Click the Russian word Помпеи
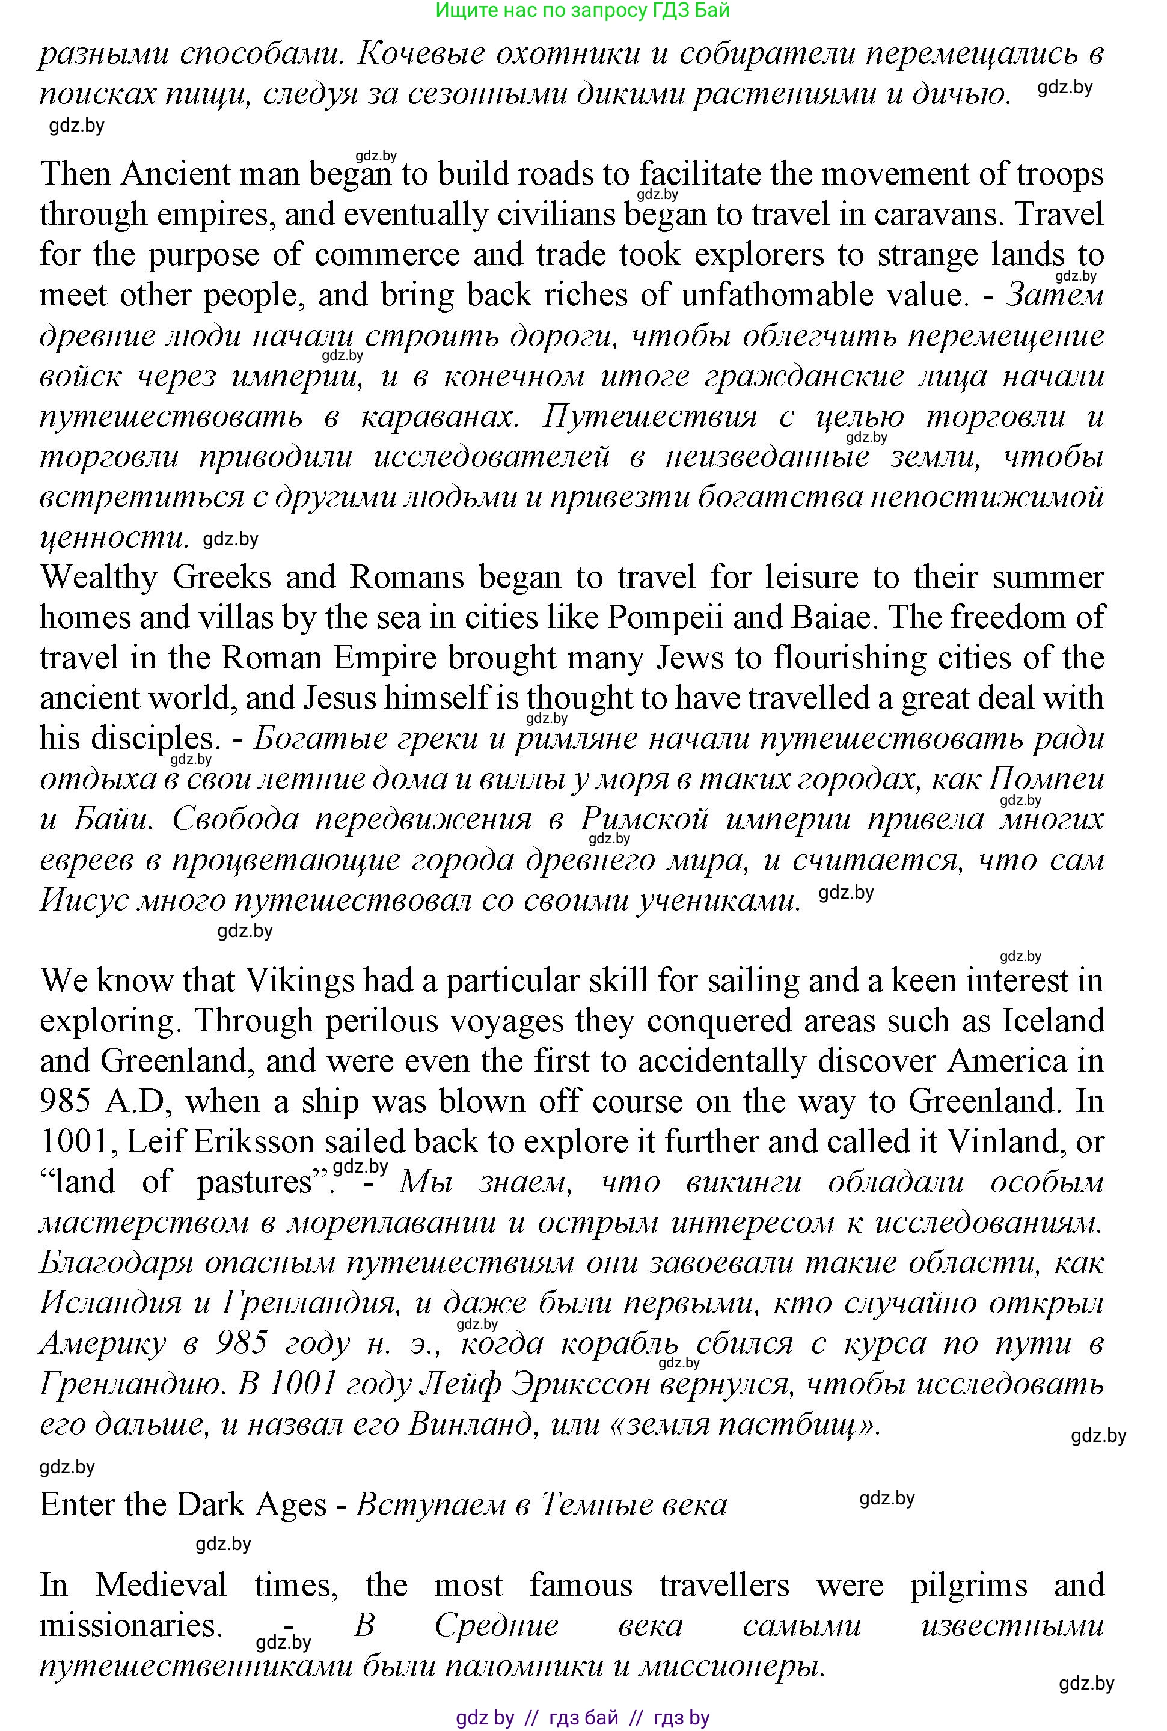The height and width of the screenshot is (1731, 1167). (x=1046, y=780)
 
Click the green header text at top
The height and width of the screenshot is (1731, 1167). (x=582, y=10)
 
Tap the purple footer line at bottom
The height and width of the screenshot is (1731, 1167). (x=582, y=1718)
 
